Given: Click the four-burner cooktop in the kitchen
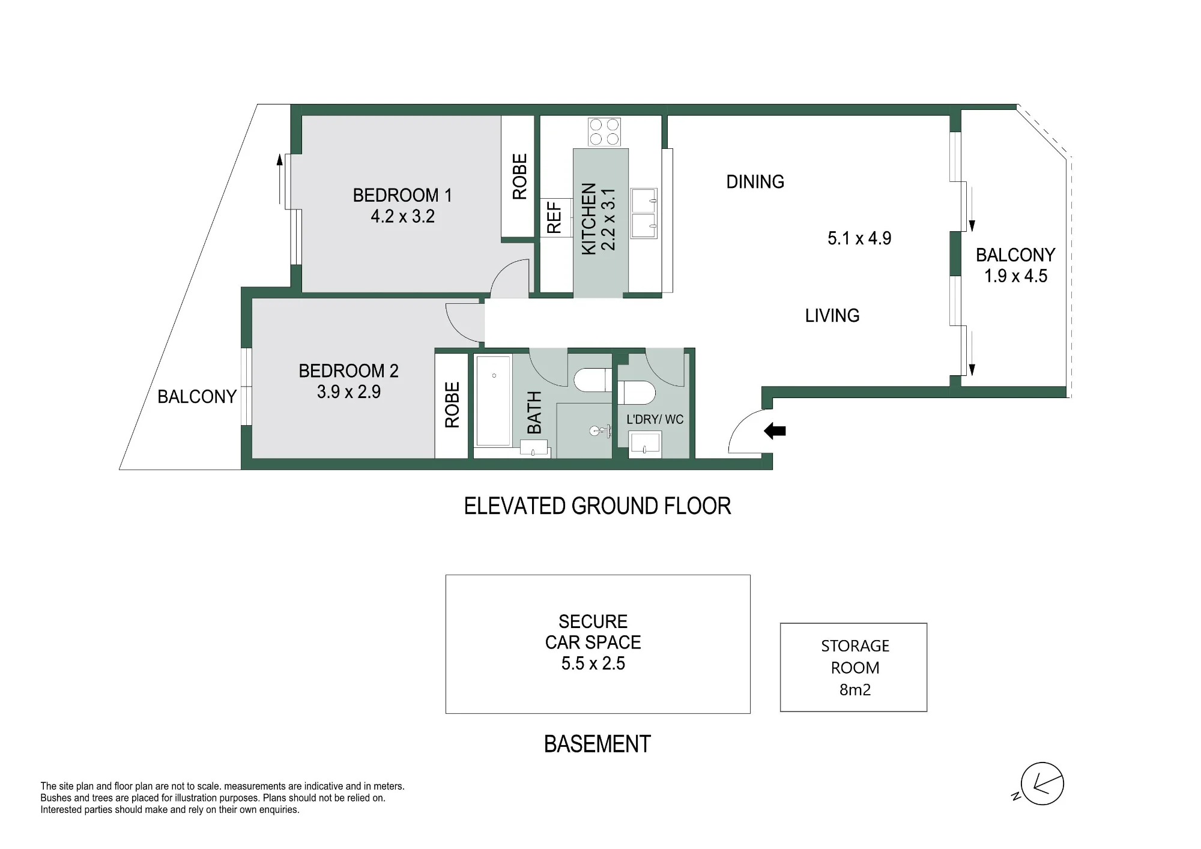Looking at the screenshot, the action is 604,132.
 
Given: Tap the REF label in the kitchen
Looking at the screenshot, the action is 554,217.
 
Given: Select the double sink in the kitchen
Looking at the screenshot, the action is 644,213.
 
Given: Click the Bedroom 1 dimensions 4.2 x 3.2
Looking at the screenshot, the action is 402,216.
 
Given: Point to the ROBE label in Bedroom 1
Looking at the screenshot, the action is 519,177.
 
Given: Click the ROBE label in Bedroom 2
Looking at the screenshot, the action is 452,405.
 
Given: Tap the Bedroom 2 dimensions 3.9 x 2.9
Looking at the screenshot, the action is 349,391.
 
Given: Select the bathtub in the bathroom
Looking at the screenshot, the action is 493,400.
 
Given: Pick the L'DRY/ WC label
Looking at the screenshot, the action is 655,420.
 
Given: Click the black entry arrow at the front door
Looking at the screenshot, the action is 775,431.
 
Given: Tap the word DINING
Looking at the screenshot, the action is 755,182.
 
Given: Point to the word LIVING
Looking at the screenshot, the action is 832,316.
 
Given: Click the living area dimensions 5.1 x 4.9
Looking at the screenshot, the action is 859,238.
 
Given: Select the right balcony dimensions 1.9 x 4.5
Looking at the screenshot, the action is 1015,276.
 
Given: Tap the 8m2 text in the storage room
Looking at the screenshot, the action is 855,690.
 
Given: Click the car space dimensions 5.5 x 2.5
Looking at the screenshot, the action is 593,663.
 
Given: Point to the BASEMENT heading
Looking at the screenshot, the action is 597,745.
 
